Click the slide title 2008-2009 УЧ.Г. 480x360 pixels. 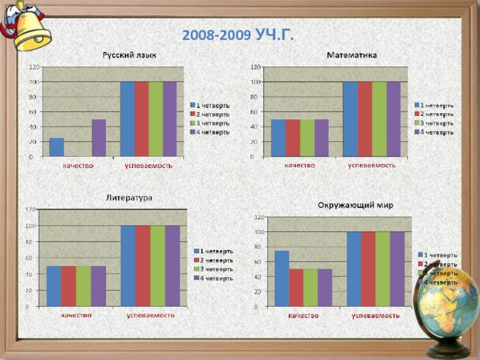(x=239, y=35)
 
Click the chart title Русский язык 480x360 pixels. (x=129, y=55)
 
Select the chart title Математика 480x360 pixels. (x=352, y=55)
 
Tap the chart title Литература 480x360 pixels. (x=129, y=197)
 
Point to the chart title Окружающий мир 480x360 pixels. (x=355, y=205)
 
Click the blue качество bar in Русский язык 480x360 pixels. (x=56, y=147)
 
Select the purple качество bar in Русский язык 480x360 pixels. (x=99, y=138)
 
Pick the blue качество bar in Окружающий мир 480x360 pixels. (x=282, y=278)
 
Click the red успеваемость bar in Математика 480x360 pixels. (x=365, y=119)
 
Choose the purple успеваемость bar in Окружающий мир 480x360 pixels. (x=397, y=269)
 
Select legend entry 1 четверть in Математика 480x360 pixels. (x=436, y=106)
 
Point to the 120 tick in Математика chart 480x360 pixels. (x=256, y=67)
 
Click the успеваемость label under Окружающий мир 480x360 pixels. (x=376, y=315)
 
